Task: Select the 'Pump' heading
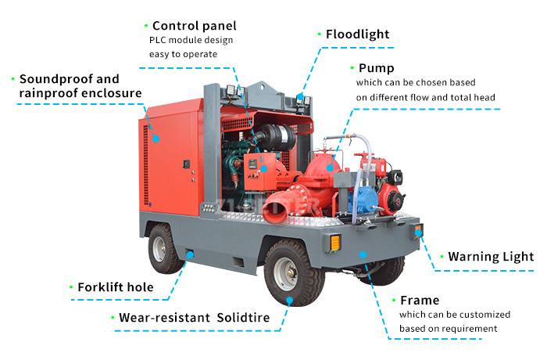(376, 68)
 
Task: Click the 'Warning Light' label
(490, 256)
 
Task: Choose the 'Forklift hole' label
(115, 287)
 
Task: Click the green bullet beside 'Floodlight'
(319, 34)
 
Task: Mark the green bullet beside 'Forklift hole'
(71, 287)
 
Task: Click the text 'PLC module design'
(191, 40)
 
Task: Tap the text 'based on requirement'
(448, 328)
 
